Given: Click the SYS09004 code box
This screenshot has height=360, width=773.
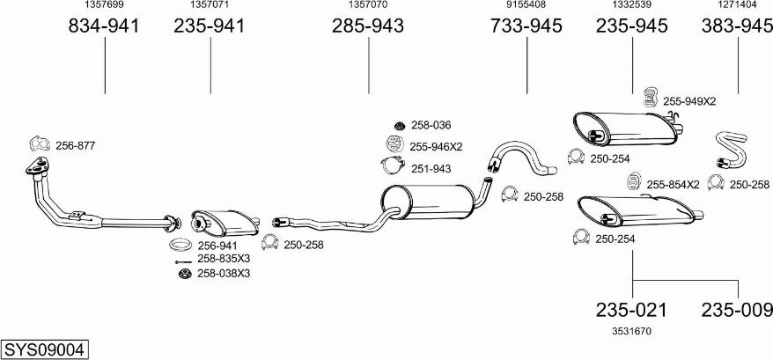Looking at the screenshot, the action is point(45,349).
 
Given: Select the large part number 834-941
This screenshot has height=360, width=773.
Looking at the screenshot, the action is point(104,26).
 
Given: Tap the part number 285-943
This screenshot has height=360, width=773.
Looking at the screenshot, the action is point(368,26).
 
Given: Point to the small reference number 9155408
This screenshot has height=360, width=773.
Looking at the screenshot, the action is point(526,5).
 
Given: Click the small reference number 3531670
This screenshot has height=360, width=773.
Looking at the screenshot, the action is point(631,332).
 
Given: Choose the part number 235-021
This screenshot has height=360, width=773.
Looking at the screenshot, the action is point(631,310).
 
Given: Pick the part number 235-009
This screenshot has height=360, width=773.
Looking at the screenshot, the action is point(737,310).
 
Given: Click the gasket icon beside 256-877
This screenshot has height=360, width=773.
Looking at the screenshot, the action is point(40,144).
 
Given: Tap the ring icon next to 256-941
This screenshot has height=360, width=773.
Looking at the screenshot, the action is point(180,244).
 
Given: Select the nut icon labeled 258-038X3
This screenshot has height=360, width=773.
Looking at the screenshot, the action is point(185,273).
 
